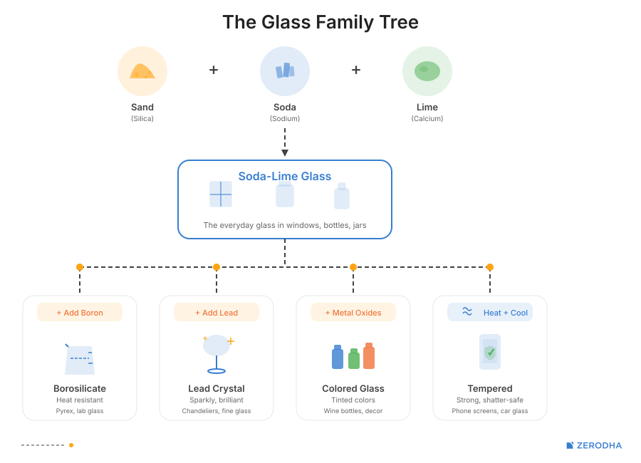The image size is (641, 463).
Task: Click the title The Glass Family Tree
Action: [x=320, y=22]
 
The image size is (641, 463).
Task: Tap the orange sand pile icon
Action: [x=142, y=71]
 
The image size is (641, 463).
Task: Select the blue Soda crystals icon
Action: [x=285, y=71]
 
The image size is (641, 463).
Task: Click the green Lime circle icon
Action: [x=427, y=71]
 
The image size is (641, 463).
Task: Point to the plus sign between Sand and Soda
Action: [x=214, y=70]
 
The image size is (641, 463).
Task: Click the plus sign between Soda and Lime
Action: [x=356, y=70]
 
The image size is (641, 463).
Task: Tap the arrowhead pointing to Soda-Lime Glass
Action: [x=285, y=152]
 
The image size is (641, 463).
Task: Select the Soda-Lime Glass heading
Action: [x=285, y=176]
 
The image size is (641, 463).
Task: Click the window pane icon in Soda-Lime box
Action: [x=221, y=194]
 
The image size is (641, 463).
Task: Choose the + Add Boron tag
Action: [x=80, y=313]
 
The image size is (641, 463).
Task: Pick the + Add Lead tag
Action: [x=217, y=313]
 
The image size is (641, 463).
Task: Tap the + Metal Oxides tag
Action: [x=353, y=313]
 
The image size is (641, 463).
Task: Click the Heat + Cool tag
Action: [x=490, y=313]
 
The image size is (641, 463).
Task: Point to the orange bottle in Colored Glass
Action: [x=369, y=356]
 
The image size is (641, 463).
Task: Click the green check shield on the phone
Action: [x=490, y=352]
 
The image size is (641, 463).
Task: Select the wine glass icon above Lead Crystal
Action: [x=217, y=353]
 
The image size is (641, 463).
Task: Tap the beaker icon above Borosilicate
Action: [x=80, y=360]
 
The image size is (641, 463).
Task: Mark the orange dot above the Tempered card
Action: [x=490, y=267]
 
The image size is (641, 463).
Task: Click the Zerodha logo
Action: [x=594, y=445]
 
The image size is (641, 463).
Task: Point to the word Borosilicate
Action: [x=80, y=389]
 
